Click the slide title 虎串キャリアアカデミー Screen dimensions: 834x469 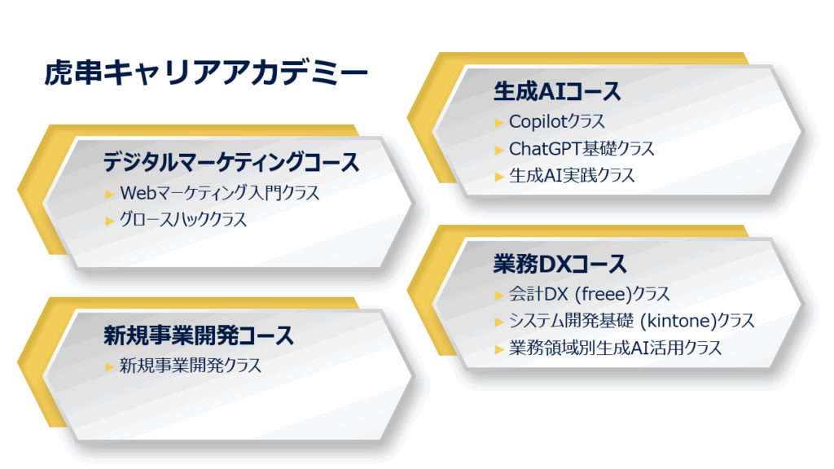pyautogui.click(x=206, y=72)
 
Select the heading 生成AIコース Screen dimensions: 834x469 pyautogui.click(x=557, y=91)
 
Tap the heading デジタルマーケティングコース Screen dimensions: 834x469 pyautogui.click(x=231, y=162)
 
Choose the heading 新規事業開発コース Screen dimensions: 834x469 pyautogui.click(x=199, y=335)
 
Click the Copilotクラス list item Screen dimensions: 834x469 pyautogui.click(x=557, y=122)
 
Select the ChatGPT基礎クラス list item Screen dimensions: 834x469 pyautogui.click(x=582, y=149)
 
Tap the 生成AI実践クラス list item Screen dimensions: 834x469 pyautogui.click(x=572, y=176)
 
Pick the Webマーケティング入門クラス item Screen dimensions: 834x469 pyautogui.click(x=219, y=193)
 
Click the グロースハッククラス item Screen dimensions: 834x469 pyautogui.click(x=183, y=220)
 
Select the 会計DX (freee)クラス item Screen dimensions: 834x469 pyautogui.click(x=590, y=294)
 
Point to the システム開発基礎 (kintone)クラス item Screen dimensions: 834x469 pyautogui.click(x=632, y=321)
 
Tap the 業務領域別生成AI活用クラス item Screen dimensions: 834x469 pyautogui.click(x=616, y=348)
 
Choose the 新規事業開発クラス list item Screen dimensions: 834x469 pyautogui.click(x=191, y=366)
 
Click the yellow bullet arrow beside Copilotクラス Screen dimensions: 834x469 pyautogui.click(x=499, y=123)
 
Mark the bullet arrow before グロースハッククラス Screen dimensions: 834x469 pyautogui.click(x=110, y=221)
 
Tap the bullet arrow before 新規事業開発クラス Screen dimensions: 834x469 pyautogui.click(x=110, y=367)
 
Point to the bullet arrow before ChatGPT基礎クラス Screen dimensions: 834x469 pyautogui.click(x=499, y=150)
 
